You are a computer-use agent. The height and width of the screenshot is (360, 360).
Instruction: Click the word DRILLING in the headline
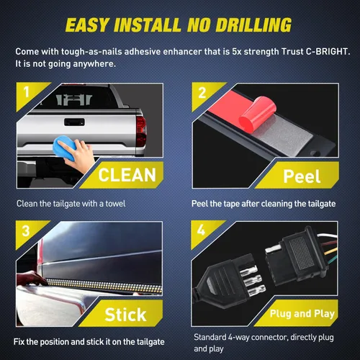click(x=253, y=25)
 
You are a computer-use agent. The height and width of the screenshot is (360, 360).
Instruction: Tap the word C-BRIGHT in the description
click(x=328, y=52)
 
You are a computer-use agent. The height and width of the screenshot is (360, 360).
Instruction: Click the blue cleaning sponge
click(x=64, y=148)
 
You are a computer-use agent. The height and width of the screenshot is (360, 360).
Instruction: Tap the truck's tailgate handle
click(x=74, y=122)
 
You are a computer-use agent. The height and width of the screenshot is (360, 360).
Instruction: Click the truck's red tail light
click(x=141, y=132)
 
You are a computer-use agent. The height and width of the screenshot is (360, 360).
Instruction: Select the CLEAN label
click(x=127, y=175)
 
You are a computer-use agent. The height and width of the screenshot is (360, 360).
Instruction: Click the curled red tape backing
click(x=257, y=114)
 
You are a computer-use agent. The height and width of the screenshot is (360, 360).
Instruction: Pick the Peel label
click(x=302, y=176)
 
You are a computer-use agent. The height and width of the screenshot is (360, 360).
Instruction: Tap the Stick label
click(x=125, y=315)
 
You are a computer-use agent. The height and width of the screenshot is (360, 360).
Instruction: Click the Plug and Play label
click(x=302, y=313)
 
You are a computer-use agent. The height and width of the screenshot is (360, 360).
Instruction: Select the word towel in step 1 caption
click(x=115, y=204)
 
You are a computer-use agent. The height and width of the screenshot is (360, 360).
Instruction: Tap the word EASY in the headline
click(x=87, y=25)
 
